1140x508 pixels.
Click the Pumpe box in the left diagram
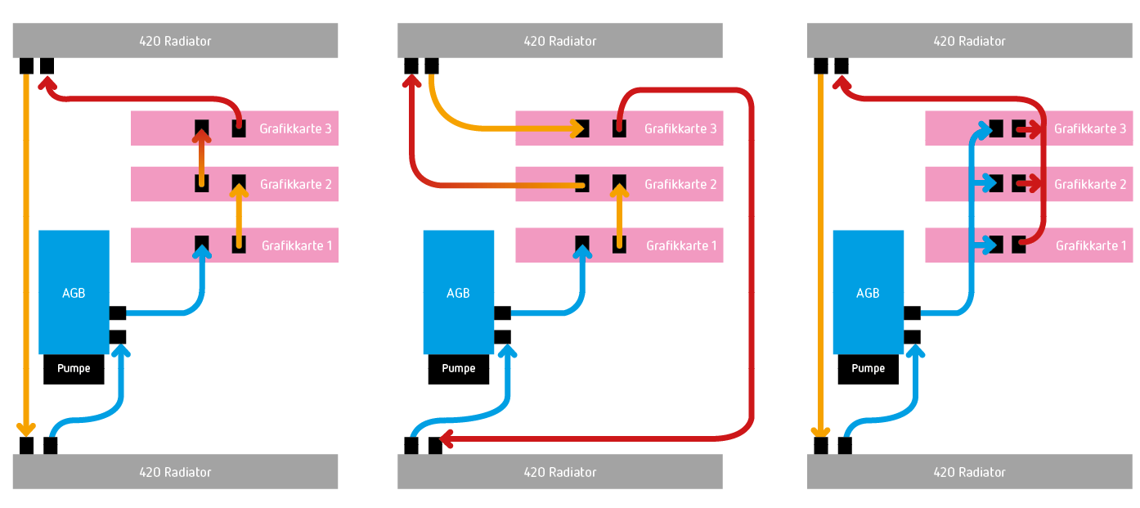(x=74, y=369)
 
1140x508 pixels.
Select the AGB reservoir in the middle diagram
(x=458, y=292)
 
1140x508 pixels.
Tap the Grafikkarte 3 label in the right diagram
(x=1089, y=128)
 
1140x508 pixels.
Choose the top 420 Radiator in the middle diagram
(x=559, y=41)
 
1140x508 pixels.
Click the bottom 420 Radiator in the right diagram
(x=969, y=472)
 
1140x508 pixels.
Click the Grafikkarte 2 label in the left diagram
(x=295, y=184)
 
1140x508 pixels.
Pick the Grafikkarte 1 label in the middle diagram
(x=681, y=245)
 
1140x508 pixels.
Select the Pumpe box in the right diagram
(x=868, y=369)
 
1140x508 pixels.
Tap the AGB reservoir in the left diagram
(x=74, y=292)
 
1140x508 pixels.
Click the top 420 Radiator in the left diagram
(x=175, y=41)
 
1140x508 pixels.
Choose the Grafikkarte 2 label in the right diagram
(x=1089, y=184)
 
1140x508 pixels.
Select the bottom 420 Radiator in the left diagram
(x=175, y=472)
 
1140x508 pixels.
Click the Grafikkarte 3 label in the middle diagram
(x=680, y=128)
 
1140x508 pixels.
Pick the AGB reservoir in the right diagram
(x=868, y=292)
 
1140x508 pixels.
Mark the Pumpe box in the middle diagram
(x=458, y=369)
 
